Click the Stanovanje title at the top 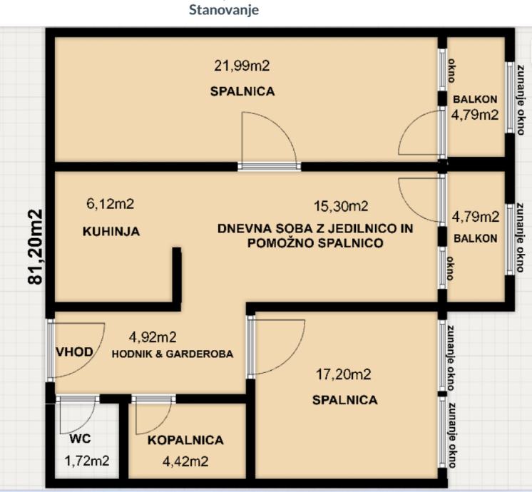tap(224, 9)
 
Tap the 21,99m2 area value tap(242, 66)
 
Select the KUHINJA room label tap(111, 232)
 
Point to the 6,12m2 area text tap(111, 204)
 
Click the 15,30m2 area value tap(341, 206)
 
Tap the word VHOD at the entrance tap(74, 352)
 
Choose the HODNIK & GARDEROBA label tap(173, 354)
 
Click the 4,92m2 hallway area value tap(153, 337)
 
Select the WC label tap(80, 439)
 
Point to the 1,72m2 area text tap(87, 461)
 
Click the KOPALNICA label tap(185, 440)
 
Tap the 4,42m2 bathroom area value tap(185, 461)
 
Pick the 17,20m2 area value tap(343, 374)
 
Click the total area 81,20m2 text tap(35, 247)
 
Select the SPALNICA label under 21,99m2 tap(242, 91)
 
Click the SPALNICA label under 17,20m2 tap(344, 400)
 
